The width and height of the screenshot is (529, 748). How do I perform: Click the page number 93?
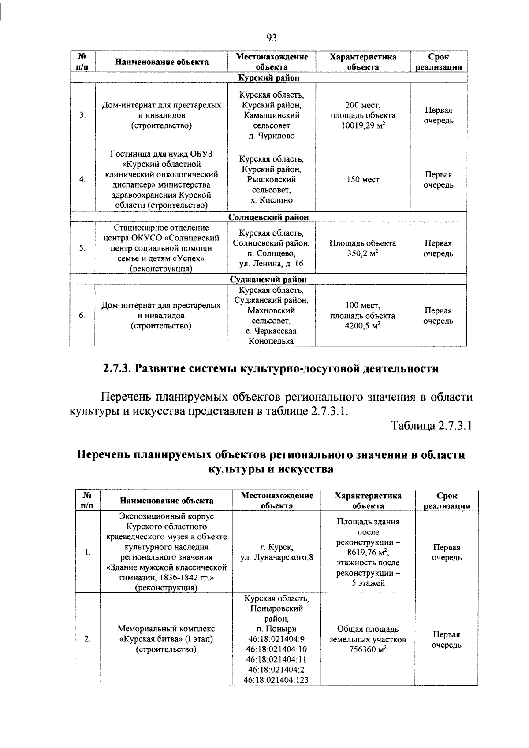pos(272,38)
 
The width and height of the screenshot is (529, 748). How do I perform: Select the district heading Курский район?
pos(269,77)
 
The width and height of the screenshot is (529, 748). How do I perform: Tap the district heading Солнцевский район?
pos(268,217)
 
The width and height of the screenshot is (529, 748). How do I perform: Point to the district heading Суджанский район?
pos(268,279)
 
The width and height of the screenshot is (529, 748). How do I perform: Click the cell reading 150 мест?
pos(363,180)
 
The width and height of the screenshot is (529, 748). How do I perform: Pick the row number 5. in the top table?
pos(82,248)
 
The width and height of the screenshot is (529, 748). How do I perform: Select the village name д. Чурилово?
pos(271,136)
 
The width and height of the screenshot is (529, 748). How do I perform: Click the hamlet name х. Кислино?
pos(271,200)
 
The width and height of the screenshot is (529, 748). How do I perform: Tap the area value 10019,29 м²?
pos(363,125)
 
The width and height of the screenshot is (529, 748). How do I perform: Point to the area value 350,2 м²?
pos(362,254)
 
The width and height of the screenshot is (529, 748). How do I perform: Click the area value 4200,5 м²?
pos(362,326)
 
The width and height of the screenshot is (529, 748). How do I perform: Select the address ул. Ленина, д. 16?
pos(271,264)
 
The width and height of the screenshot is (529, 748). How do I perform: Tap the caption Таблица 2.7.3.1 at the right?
pos(431,426)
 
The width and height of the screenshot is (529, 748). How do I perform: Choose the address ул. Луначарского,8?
pos(277,557)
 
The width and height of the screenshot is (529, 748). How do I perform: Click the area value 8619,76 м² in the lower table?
pos(368,553)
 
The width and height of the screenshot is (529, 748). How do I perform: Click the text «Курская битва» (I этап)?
pos(166,639)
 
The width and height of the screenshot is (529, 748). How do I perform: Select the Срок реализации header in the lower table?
pos(447,501)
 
